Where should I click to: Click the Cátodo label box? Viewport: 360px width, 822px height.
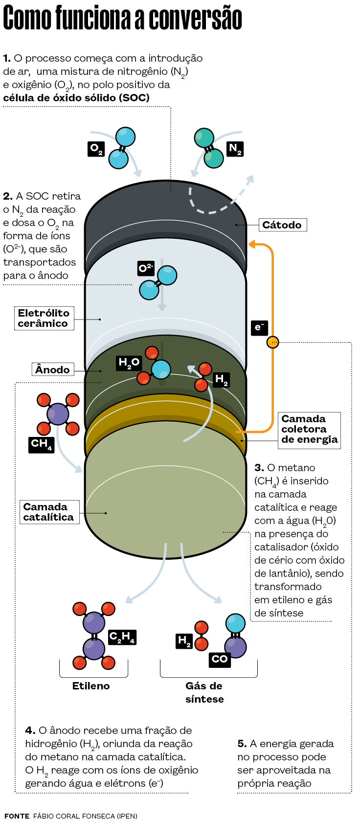point(282,225)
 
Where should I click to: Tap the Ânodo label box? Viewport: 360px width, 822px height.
point(53,369)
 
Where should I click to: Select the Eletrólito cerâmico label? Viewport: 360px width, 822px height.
point(44,318)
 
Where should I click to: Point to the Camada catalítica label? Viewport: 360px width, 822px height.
point(49,512)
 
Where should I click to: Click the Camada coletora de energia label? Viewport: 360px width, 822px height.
point(309,429)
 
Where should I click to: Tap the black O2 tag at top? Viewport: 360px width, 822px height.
point(96,149)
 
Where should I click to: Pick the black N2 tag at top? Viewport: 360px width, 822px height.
point(235,149)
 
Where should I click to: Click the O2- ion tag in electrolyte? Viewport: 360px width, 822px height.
point(146,268)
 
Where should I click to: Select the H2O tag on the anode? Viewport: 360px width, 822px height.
point(129,363)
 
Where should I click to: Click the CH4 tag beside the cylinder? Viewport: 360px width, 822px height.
point(41,444)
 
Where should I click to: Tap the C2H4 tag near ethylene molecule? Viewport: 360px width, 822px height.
point(122,637)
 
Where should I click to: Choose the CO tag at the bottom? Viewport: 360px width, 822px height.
point(220,659)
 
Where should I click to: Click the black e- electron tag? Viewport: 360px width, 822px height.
point(259,327)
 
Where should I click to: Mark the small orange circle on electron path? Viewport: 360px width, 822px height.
point(272,342)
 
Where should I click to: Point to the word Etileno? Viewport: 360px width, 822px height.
point(91,686)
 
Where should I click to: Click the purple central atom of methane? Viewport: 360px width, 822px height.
point(58,414)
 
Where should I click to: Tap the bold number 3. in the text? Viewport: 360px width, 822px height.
point(259,468)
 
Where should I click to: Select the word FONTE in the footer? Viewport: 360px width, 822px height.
point(17,816)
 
